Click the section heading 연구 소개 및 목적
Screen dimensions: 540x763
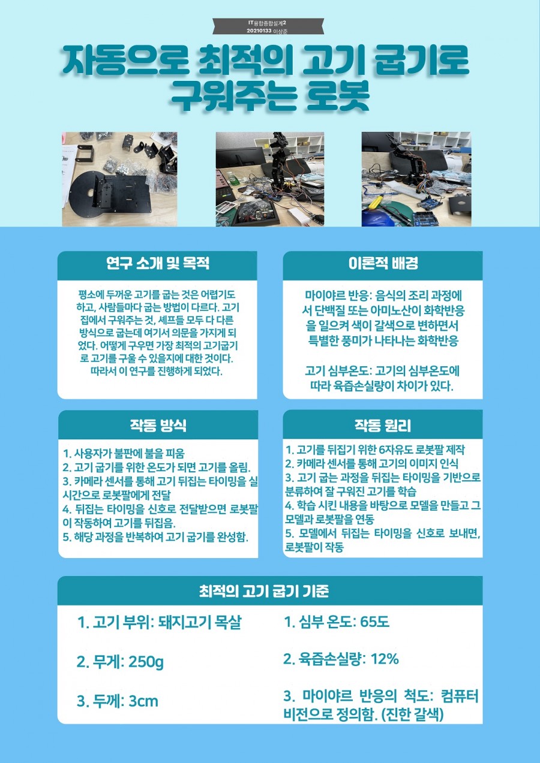coord(157,264)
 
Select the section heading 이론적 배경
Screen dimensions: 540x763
coord(383,264)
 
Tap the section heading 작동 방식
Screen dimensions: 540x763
coord(158,425)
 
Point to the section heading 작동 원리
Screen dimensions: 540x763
coord(383,425)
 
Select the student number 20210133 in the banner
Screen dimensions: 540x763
coord(259,31)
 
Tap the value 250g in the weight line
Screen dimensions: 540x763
coord(146,662)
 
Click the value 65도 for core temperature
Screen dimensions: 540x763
coord(374,622)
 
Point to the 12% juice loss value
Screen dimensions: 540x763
coord(385,659)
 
